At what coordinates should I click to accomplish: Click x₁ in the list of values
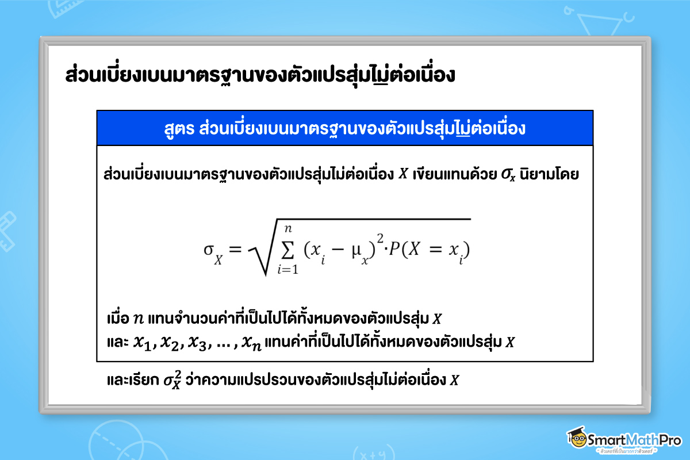pyautogui.click(x=141, y=343)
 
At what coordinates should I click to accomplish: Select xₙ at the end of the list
pyautogui.click(x=251, y=343)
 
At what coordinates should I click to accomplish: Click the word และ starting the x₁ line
pyautogui.click(x=116, y=343)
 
